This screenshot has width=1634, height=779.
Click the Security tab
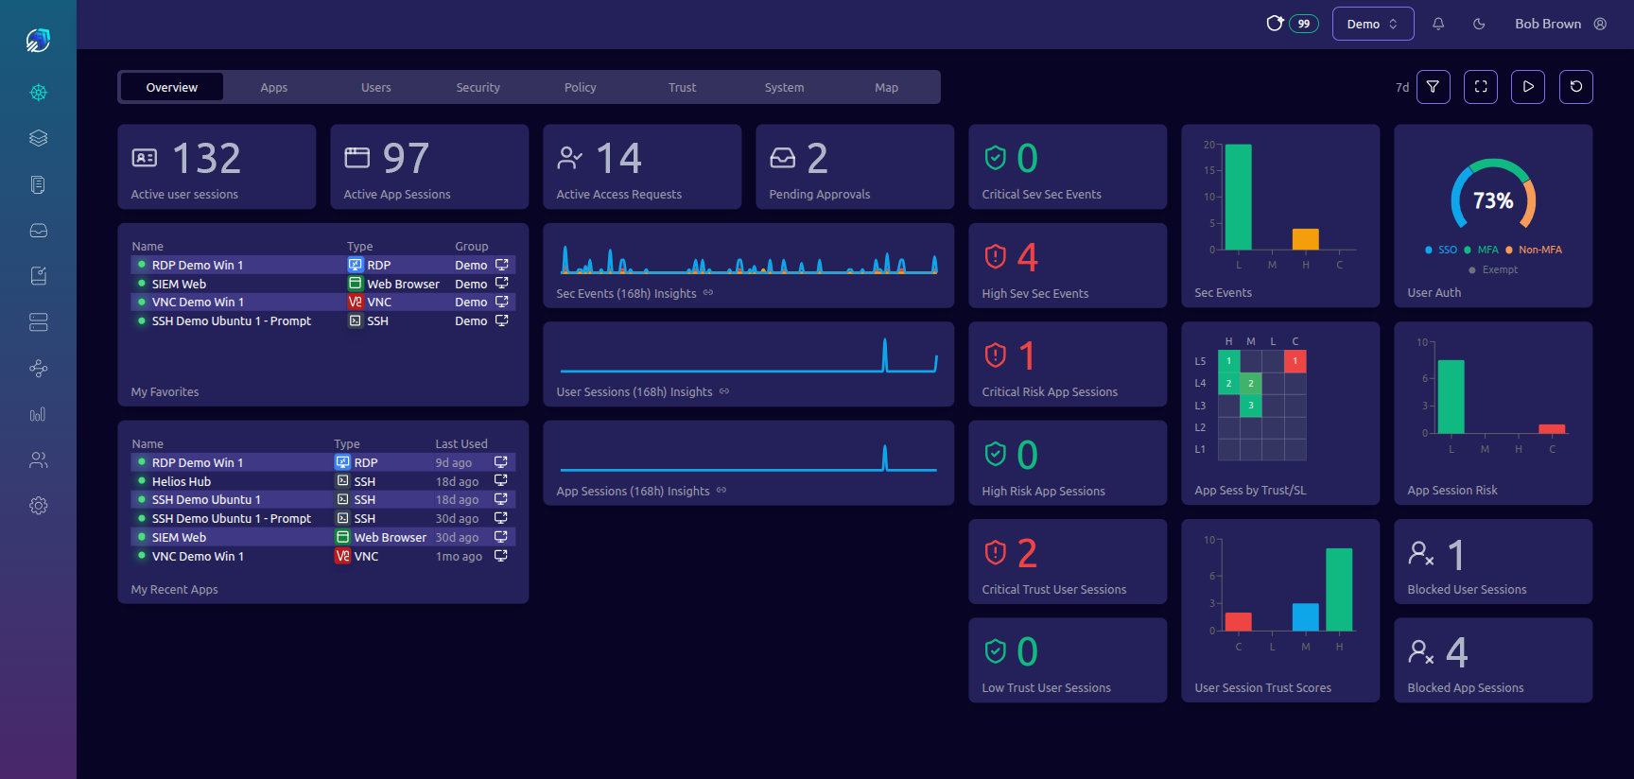coord(478,87)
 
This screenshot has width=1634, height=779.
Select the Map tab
coord(886,87)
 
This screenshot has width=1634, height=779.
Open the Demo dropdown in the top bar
coord(1372,24)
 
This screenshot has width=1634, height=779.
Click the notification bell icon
coord(1438,24)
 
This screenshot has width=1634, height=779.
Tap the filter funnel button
coord(1433,87)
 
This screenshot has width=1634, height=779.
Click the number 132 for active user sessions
coord(206,158)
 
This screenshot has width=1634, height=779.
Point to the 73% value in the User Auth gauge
coord(1492,200)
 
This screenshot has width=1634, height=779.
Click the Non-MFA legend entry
coord(1539,250)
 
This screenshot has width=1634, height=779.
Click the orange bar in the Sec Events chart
coord(1305,239)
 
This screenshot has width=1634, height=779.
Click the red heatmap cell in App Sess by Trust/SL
coord(1295,360)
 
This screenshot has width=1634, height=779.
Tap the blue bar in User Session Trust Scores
coord(1305,616)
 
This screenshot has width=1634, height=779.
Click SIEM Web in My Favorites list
coord(179,284)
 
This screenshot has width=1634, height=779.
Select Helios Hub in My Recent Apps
coord(181,481)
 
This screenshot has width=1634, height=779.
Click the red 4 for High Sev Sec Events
coord(1027,257)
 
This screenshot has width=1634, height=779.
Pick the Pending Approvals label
coord(819,194)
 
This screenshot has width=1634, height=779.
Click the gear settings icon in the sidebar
coord(38,506)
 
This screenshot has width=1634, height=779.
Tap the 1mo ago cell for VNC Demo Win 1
coord(459,556)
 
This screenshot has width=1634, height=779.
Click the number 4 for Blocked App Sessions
coord(1456,652)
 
